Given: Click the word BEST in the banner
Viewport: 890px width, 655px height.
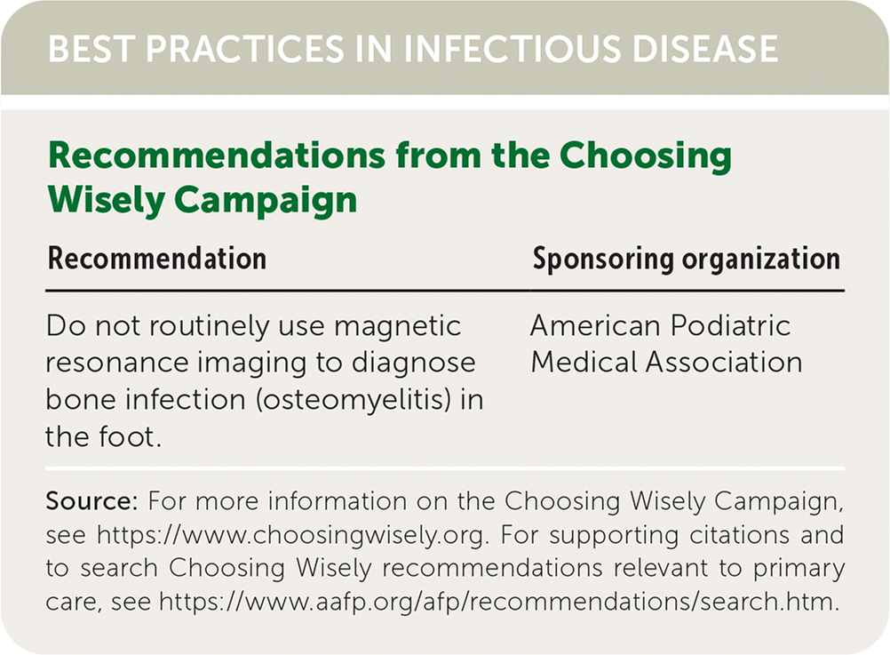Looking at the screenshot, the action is click(x=91, y=48).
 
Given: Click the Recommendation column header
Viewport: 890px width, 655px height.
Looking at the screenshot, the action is click(x=157, y=259).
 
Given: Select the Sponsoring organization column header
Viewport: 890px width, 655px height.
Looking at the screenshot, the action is click(x=687, y=260).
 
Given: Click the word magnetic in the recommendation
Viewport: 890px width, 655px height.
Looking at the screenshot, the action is click(x=397, y=326).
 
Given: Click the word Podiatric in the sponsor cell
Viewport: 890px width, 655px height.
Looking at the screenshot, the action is click(x=730, y=326).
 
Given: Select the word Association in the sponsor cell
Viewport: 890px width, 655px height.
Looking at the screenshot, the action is click(x=724, y=363).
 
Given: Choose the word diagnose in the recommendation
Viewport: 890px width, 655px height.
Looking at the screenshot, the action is click(x=413, y=363).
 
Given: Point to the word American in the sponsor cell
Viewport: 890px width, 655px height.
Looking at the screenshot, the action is click(x=595, y=326).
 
